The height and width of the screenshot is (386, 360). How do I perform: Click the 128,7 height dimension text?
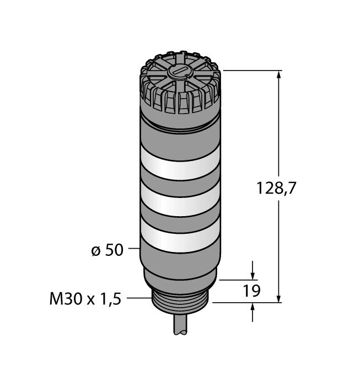coord(277,189)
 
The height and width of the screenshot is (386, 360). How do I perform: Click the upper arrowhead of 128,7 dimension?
coord(280,76)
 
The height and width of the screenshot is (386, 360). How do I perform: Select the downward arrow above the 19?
coord(253,273)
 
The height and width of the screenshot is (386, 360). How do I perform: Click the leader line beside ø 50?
coord(134,249)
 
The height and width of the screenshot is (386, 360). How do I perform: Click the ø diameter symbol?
coord(94,250)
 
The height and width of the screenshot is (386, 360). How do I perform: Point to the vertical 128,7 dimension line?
coord(280,138)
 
